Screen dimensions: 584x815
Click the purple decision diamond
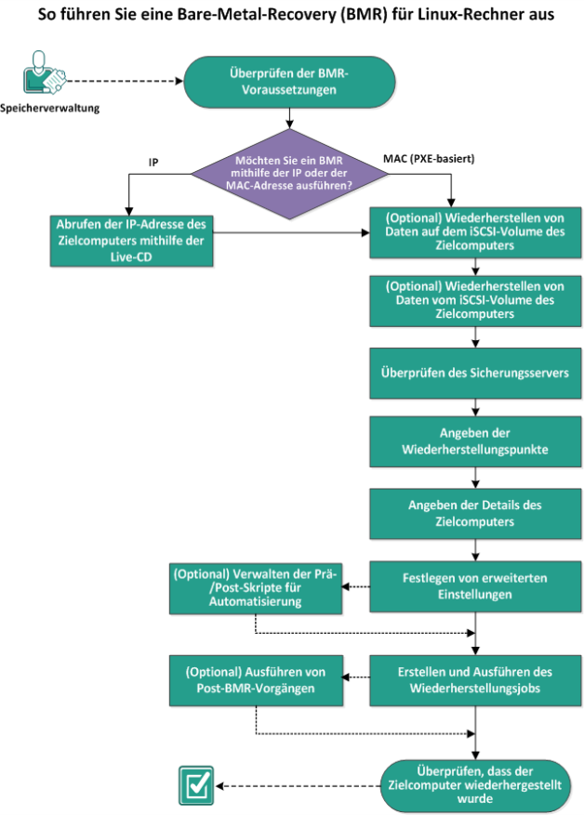(x=289, y=174)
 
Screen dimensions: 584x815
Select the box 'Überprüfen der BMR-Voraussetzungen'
(x=289, y=82)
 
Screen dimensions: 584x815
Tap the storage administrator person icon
(x=44, y=72)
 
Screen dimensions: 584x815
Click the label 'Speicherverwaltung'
(x=49, y=108)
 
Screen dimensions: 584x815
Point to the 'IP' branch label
(x=153, y=163)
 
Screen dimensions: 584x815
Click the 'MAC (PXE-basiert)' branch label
(x=429, y=159)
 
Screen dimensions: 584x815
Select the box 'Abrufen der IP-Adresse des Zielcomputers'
(x=131, y=241)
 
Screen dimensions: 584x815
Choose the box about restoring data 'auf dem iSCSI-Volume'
(x=475, y=231)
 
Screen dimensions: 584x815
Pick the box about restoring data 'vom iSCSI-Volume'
(x=475, y=300)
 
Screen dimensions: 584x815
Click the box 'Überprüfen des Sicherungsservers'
(x=475, y=373)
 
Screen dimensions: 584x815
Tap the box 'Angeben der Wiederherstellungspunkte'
(x=475, y=441)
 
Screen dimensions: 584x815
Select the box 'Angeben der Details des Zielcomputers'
(x=475, y=514)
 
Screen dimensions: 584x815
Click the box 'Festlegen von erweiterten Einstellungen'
(x=475, y=586)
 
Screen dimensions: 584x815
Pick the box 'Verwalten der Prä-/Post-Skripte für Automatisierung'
(x=256, y=588)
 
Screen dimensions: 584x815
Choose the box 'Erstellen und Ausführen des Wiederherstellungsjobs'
(x=475, y=680)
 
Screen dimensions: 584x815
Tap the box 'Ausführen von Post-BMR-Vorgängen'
(x=256, y=680)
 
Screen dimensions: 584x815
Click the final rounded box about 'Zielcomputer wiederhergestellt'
(x=475, y=785)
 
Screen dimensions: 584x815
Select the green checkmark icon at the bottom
(x=196, y=785)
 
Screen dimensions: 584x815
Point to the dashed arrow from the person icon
(x=126, y=81)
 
